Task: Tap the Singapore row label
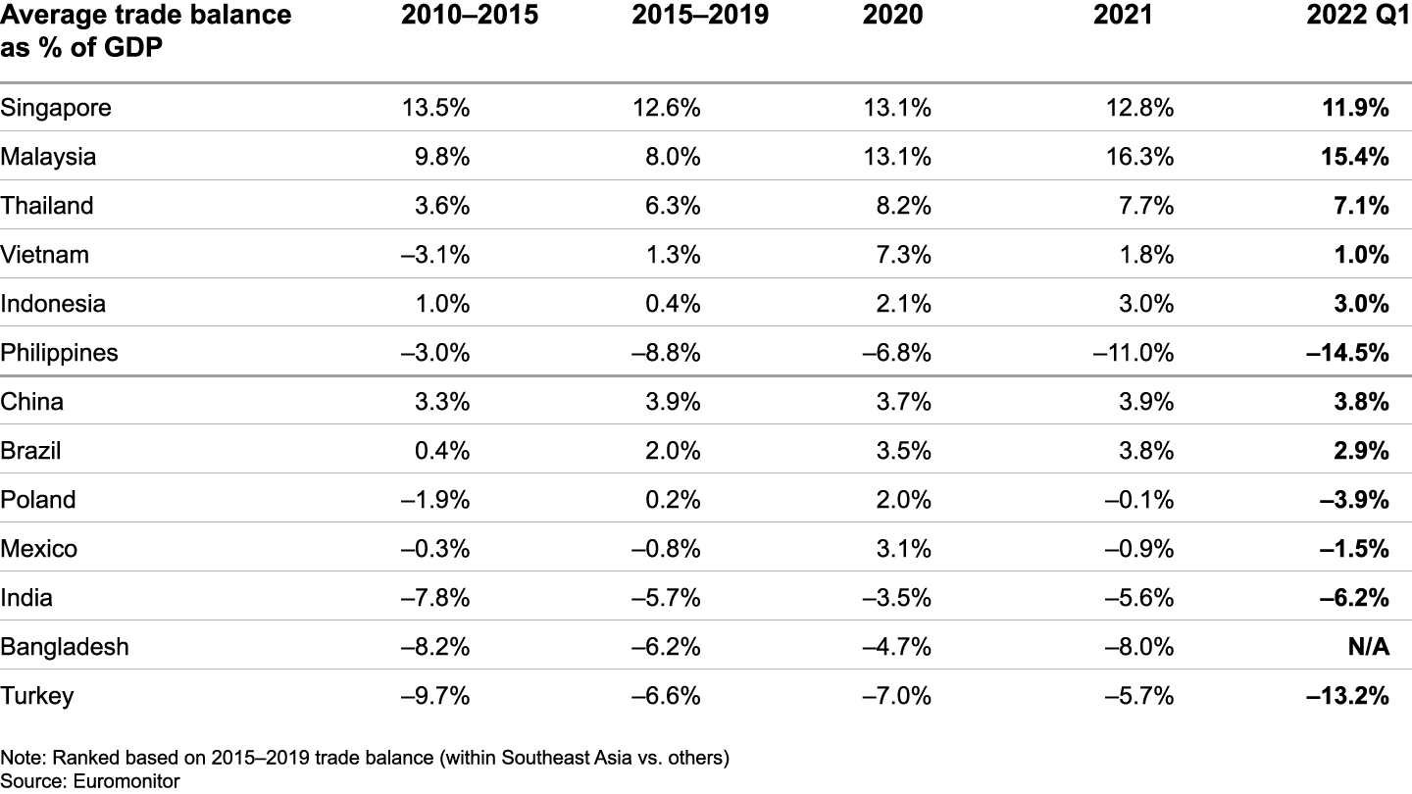point(56,108)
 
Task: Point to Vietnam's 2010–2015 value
point(435,255)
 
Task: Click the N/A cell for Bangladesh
point(1366,647)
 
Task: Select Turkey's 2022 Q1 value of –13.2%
point(1346,696)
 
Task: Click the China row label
point(32,402)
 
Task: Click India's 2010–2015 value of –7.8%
point(435,598)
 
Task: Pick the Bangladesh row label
point(65,647)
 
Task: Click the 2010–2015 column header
point(470,16)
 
